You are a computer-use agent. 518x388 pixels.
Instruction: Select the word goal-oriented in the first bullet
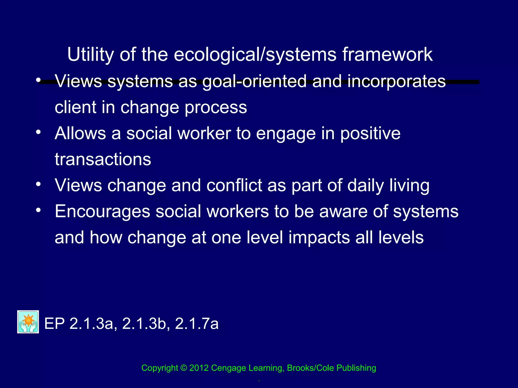tap(254, 82)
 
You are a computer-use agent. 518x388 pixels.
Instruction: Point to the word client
tap(75, 107)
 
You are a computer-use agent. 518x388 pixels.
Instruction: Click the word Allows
tap(80, 133)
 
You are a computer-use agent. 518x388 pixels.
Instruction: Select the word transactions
tap(103, 159)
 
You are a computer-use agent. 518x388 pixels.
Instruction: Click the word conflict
tap(234, 185)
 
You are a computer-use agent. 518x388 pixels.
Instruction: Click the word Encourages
tap(102, 212)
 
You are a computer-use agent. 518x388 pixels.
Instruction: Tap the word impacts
tap(319, 238)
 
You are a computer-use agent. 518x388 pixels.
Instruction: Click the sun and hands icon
tap(28, 322)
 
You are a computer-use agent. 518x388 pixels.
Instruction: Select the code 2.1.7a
tap(197, 324)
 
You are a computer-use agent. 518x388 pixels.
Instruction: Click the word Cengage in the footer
tap(229, 368)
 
